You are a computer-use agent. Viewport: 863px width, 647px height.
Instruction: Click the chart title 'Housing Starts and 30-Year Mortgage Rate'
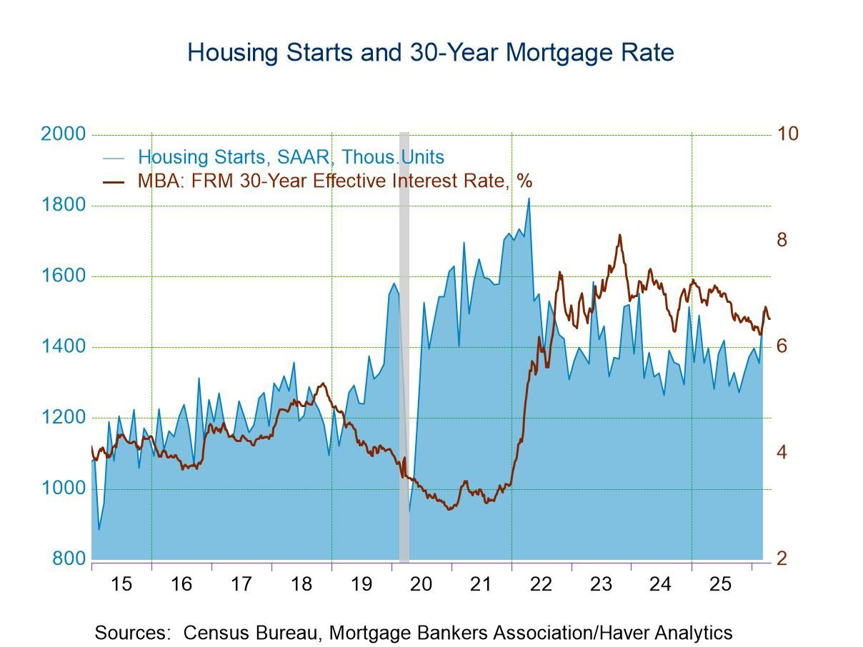click(430, 53)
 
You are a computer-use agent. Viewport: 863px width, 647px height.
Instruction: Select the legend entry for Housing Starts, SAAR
click(290, 157)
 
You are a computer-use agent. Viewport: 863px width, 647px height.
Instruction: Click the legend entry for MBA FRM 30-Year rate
click(334, 181)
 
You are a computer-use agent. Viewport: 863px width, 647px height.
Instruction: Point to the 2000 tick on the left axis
click(63, 134)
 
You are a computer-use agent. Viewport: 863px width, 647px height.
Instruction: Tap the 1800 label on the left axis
click(63, 206)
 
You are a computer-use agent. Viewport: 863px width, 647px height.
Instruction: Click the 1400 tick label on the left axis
click(63, 347)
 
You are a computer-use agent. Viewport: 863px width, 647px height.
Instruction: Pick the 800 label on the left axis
click(69, 559)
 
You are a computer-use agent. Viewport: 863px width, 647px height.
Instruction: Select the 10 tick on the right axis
click(787, 134)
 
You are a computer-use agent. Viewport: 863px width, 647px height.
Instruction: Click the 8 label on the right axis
click(782, 240)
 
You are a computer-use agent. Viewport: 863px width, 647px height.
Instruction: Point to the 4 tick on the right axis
click(782, 453)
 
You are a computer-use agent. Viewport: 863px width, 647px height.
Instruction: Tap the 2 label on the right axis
click(782, 559)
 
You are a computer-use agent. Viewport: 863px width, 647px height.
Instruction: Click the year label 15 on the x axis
click(121, 584)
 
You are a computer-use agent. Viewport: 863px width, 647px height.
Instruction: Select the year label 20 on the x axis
click(421, 584)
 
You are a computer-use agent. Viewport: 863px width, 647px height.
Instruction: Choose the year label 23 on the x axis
click(602, 584)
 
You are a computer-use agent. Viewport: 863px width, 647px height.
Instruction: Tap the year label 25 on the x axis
click(721, 584)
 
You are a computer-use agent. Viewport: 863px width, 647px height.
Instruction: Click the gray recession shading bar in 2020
click(404, 343)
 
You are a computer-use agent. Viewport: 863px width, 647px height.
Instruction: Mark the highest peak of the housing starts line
click(529, 199)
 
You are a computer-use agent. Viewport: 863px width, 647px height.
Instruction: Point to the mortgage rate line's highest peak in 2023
click(619, 235)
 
